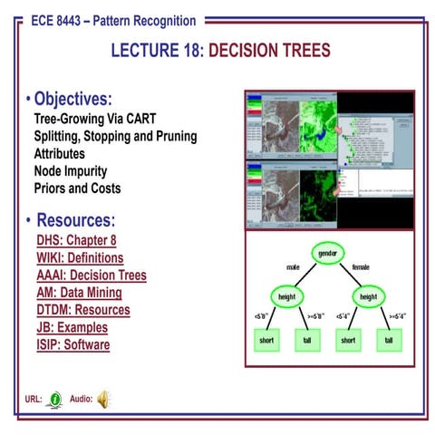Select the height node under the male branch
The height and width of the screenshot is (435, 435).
285,295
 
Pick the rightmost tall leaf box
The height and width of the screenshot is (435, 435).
388,340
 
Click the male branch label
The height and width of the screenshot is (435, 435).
292,267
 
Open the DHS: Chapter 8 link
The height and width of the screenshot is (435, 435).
76,241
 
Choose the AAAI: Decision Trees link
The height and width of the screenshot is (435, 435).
92,275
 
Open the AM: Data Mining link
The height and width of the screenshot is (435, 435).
79,293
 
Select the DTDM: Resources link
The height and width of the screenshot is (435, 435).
83,310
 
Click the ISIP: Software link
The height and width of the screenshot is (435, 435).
73,344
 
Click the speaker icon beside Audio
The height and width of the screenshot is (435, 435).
102,398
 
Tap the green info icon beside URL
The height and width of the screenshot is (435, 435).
55,398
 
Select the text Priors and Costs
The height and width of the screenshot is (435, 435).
77,188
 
